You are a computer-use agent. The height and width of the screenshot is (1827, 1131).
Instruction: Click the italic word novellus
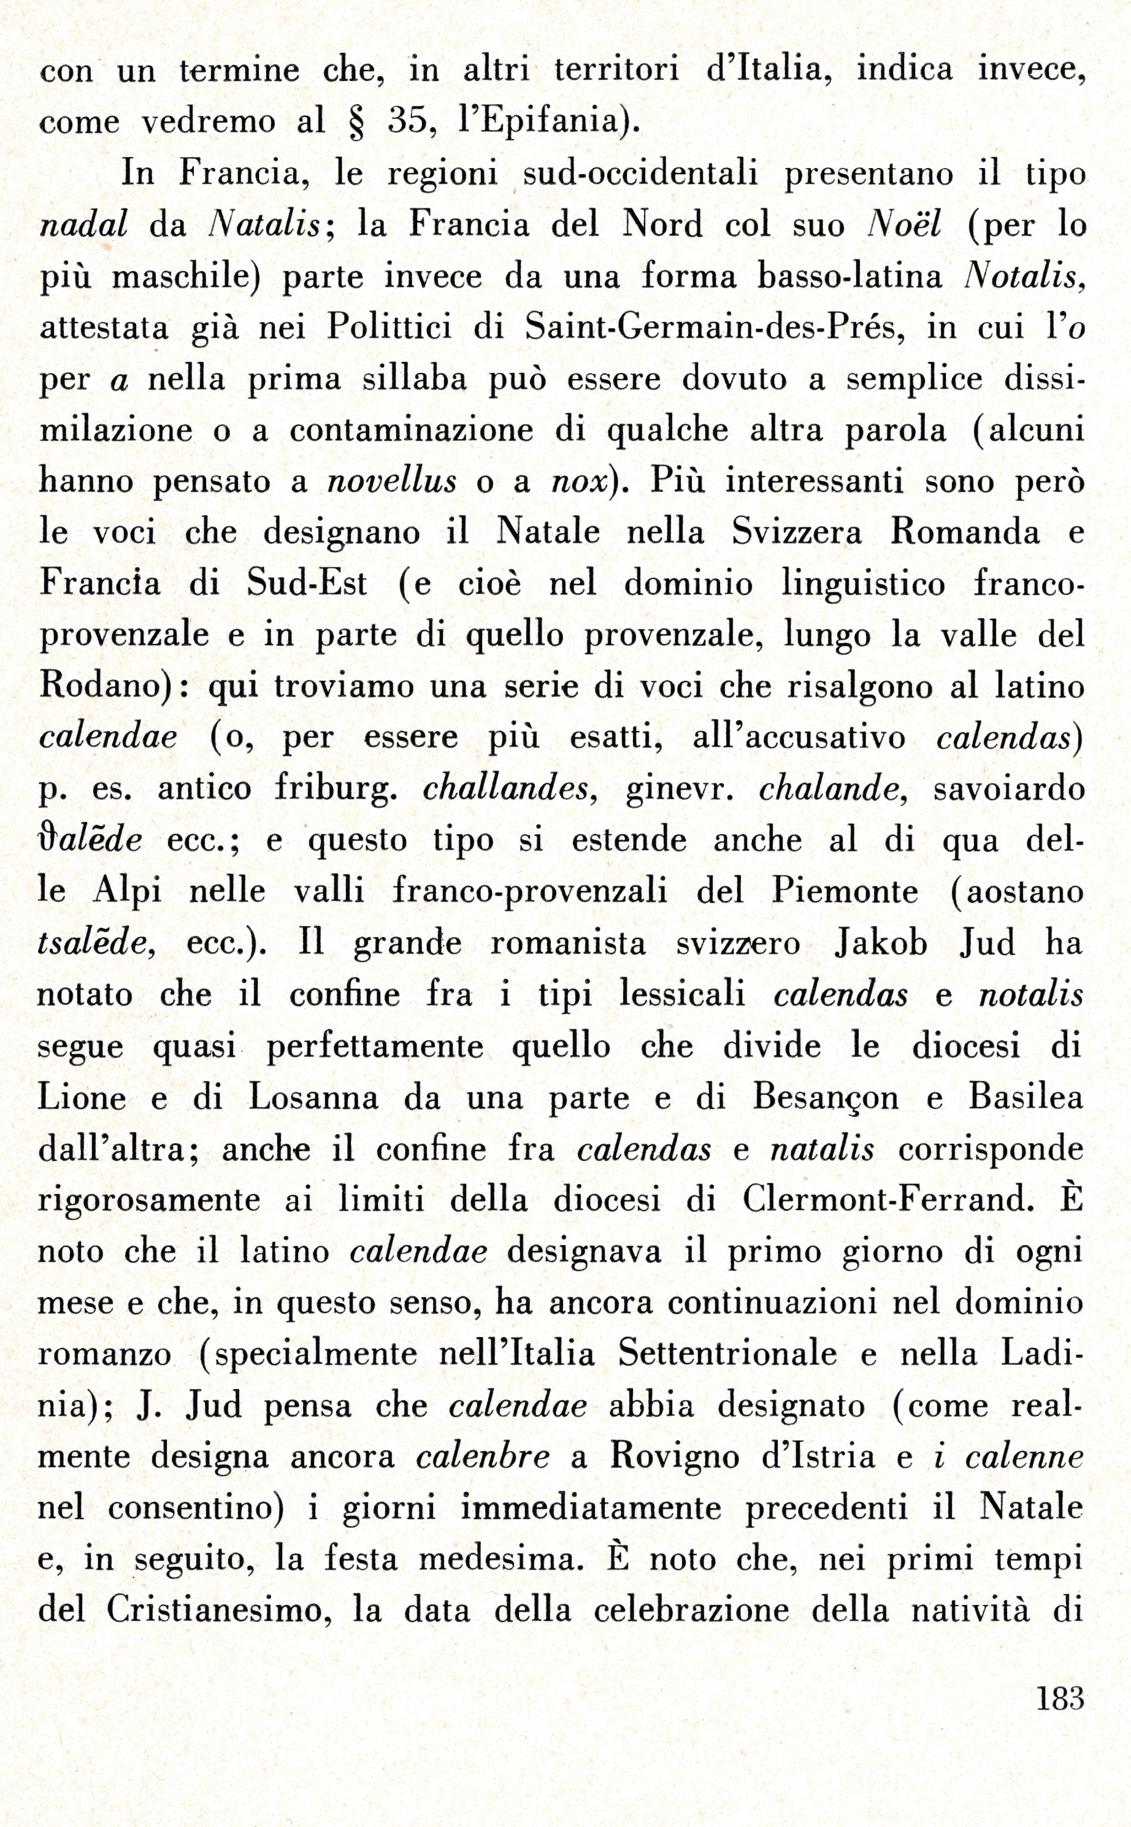pos(392,481)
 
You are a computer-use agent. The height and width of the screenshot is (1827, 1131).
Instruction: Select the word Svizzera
pos(797,532)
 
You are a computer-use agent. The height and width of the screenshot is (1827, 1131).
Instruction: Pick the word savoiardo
pos(1008,789)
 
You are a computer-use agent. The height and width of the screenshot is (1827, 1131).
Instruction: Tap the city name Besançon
pos(826,1097)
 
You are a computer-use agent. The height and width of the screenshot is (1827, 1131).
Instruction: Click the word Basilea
pos(1026,1097)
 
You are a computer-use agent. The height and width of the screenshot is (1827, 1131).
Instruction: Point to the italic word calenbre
pos(483,1456)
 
